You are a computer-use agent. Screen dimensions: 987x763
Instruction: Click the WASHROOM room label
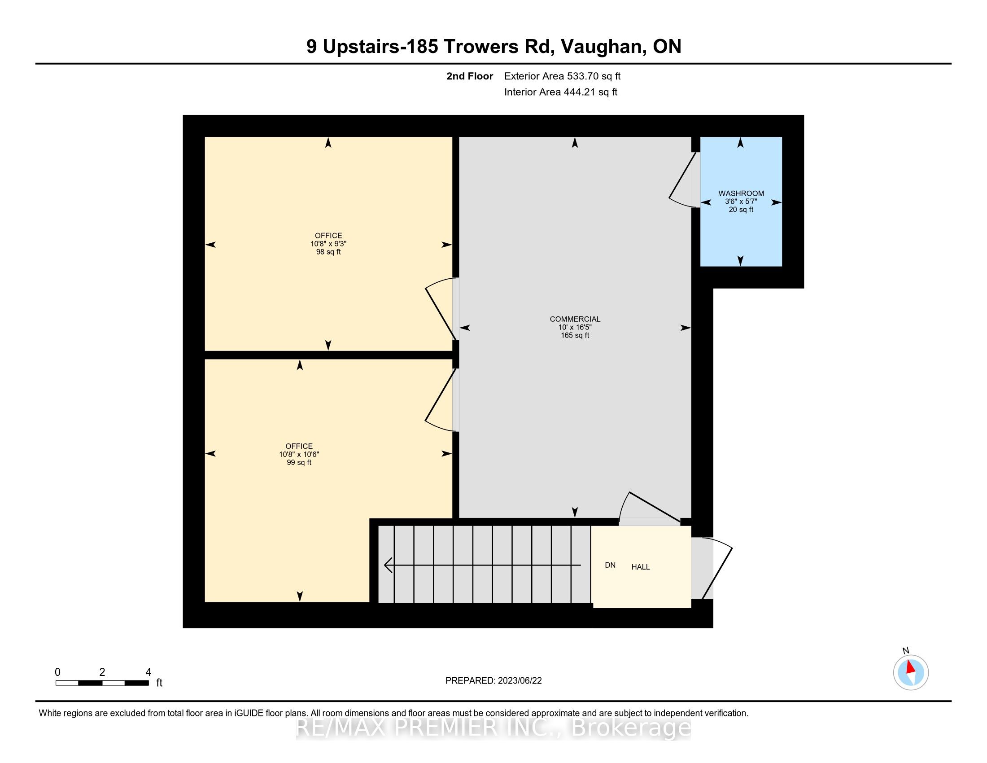click(741, 193)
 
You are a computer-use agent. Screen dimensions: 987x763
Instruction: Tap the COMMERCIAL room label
click(575, 319)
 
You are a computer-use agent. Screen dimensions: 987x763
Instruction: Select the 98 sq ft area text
click(328, 252)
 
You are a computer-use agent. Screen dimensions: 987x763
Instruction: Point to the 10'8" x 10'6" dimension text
click(299, 454)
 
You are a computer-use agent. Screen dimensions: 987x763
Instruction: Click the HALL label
click(640, 567)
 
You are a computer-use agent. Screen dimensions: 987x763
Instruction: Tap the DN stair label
click(610, 565)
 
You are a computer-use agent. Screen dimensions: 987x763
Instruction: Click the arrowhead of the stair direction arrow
click(388, 565)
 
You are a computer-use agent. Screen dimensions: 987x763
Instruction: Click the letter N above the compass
click(906, 651)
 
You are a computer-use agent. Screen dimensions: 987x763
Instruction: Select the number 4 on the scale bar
click(148, 672)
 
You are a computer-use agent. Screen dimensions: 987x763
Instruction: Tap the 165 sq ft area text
click(575, 335)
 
